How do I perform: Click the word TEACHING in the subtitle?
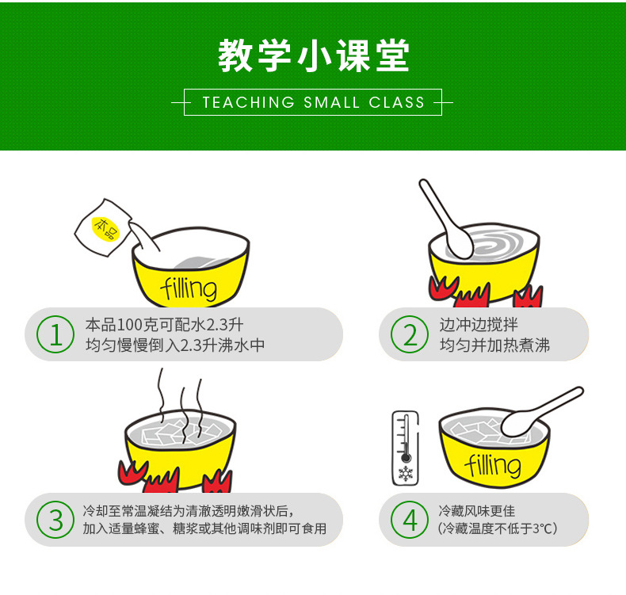click(248, 102)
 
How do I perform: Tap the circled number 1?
click(55, 335)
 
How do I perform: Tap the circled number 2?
click(410, 335)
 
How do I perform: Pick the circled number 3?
click(55, 520)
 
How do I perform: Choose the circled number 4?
click(410, 520)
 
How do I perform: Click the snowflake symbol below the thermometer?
click(406, 475)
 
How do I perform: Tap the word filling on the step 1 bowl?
click(188, 288)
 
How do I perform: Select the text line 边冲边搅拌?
click(479, 325)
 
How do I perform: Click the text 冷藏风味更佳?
click(476, 511)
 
